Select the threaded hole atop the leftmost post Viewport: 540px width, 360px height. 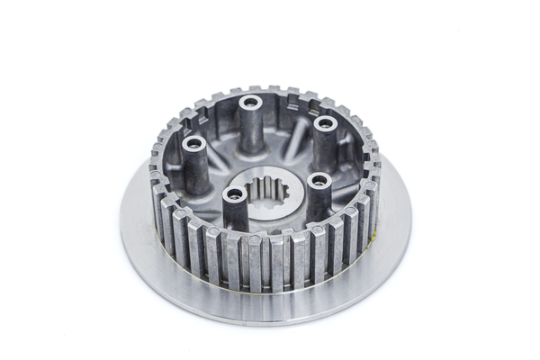tap(193, 142)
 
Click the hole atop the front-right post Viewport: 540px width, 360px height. tap(318, 179)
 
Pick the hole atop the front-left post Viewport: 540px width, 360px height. tap(236, 193)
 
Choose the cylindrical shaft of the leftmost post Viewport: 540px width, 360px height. tap(193, 166)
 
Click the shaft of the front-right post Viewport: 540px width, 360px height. tap(318, 200)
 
